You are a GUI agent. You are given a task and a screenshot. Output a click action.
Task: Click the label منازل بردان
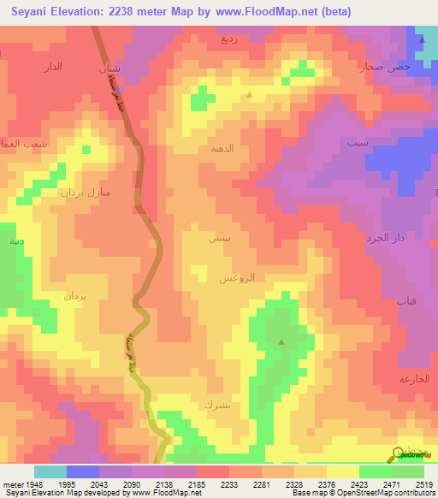pyautogui.click(x=86, y=193)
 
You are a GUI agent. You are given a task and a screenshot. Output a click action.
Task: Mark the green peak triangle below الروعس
pyautogui.click(x=281, y=342)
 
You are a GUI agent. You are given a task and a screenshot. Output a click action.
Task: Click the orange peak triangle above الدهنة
pyautogui.click(x=249, y=96)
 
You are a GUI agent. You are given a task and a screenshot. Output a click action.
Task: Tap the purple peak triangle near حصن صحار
pyautogui.click(x=422, y=39)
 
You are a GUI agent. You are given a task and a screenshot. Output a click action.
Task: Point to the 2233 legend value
pyautogui.click(x=222, y=484)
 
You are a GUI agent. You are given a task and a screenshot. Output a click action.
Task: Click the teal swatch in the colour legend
pyautogui.click(x=50, y=471)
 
